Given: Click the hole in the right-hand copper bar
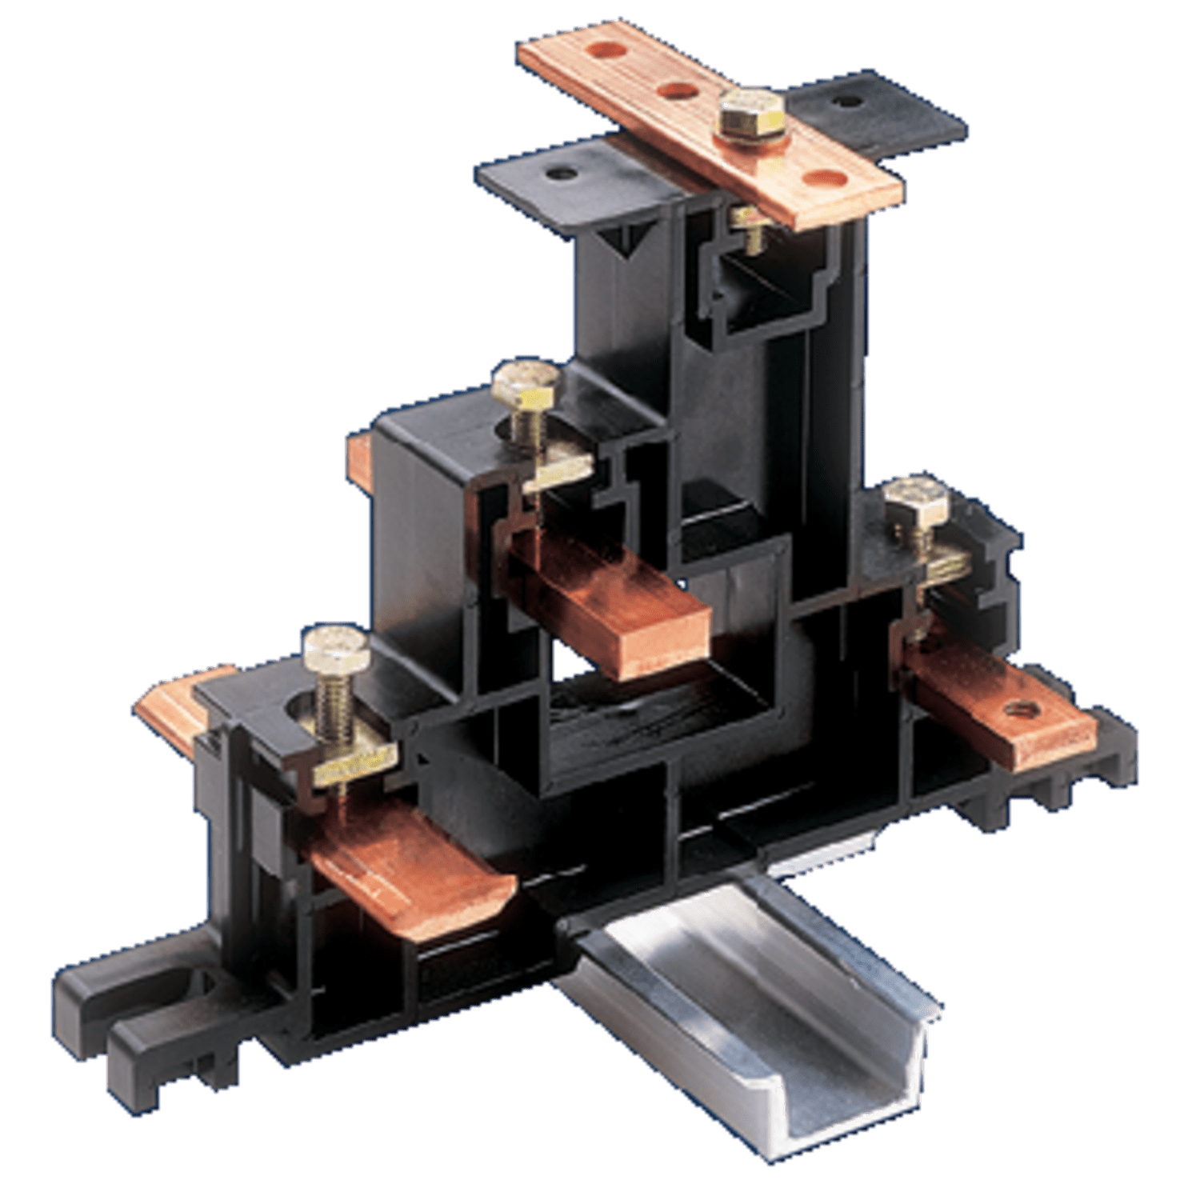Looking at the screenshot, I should (1018, 708).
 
